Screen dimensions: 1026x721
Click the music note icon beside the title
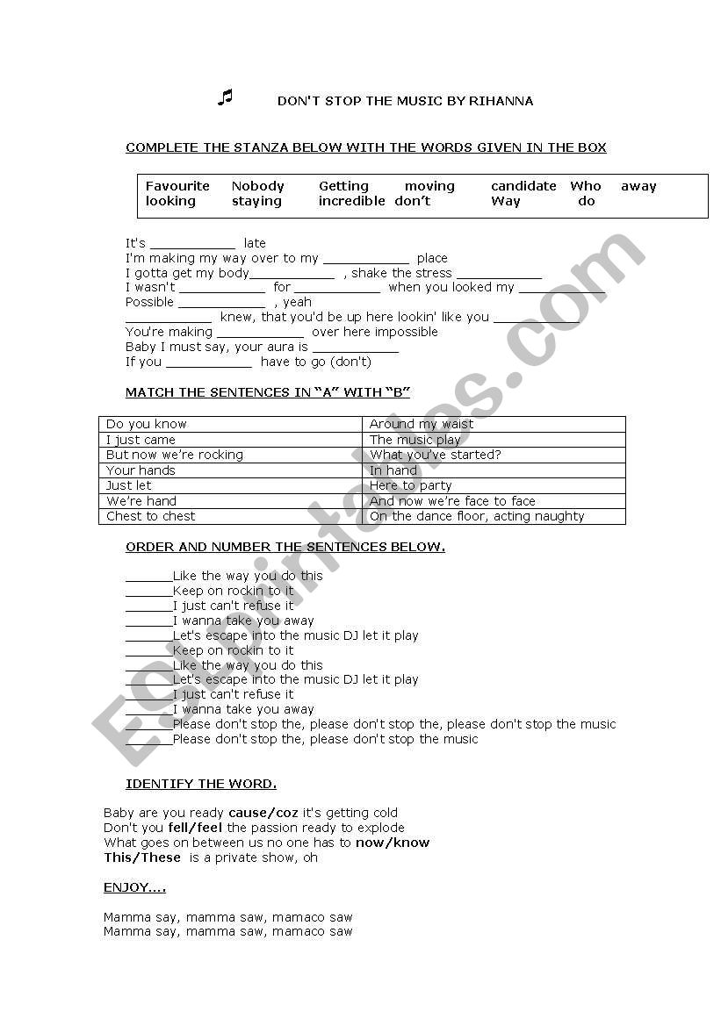(x=225, y=97)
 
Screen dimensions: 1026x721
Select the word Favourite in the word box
(x=177, y=186)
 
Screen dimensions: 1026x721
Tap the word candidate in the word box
(x=523, y=186)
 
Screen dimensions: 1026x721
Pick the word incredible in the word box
(x=351, y=201)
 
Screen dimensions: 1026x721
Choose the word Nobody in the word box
(x=258, y=186)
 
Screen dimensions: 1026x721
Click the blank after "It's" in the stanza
(x=193, y=244)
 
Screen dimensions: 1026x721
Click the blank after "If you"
(x=209, y=362)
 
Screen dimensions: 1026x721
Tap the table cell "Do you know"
(x=147, y=424)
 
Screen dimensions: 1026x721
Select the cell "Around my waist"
(x=422, y=424)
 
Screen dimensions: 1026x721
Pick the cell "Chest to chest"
(x=151, y=516)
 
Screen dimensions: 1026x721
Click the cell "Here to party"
(x=411, y=485)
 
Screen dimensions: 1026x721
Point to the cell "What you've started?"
(x=436, y=455)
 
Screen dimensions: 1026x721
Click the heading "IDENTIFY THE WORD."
(x=201, y=784)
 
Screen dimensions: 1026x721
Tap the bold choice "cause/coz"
(x=263, y=813)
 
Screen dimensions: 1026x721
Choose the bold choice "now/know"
(x=393, y=843)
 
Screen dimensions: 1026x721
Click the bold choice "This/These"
(x=142, y=857)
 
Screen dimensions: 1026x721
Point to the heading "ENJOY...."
(x=134, y=888)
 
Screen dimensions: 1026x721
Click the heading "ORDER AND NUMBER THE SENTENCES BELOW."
(x=285, y=547)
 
